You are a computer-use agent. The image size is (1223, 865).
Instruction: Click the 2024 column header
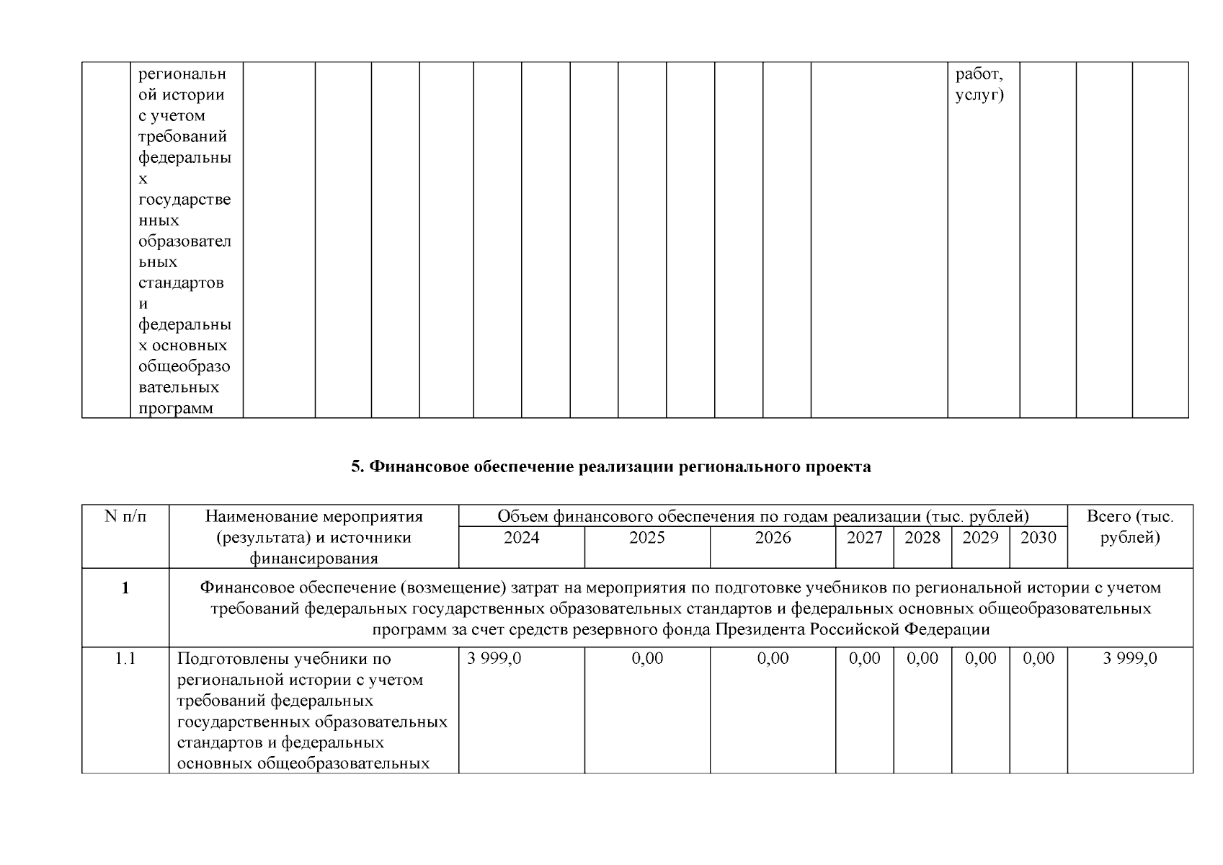521,538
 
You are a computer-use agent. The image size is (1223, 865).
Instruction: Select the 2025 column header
646,538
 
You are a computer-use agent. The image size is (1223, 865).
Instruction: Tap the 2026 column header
773,538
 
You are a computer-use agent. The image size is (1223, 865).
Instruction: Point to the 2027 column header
864,538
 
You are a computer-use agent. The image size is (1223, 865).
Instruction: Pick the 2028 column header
922,538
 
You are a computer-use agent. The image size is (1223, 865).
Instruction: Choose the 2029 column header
980,538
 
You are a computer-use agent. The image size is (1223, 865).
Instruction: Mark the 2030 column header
1039,538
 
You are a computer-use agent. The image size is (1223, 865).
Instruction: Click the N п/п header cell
125,516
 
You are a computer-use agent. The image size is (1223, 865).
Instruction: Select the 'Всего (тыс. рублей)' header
1129,527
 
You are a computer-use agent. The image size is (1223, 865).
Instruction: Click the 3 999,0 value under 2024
494,658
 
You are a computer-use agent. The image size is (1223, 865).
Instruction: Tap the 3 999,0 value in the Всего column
1129,658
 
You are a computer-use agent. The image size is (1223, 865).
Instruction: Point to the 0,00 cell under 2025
646,658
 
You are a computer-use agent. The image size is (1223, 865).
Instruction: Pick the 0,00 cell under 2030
1039,658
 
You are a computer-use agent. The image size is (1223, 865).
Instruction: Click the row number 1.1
125,658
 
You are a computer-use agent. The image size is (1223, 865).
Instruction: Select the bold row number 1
125,588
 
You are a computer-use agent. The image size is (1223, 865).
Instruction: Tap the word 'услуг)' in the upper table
979,95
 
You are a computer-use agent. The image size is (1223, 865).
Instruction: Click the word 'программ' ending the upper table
175,409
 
